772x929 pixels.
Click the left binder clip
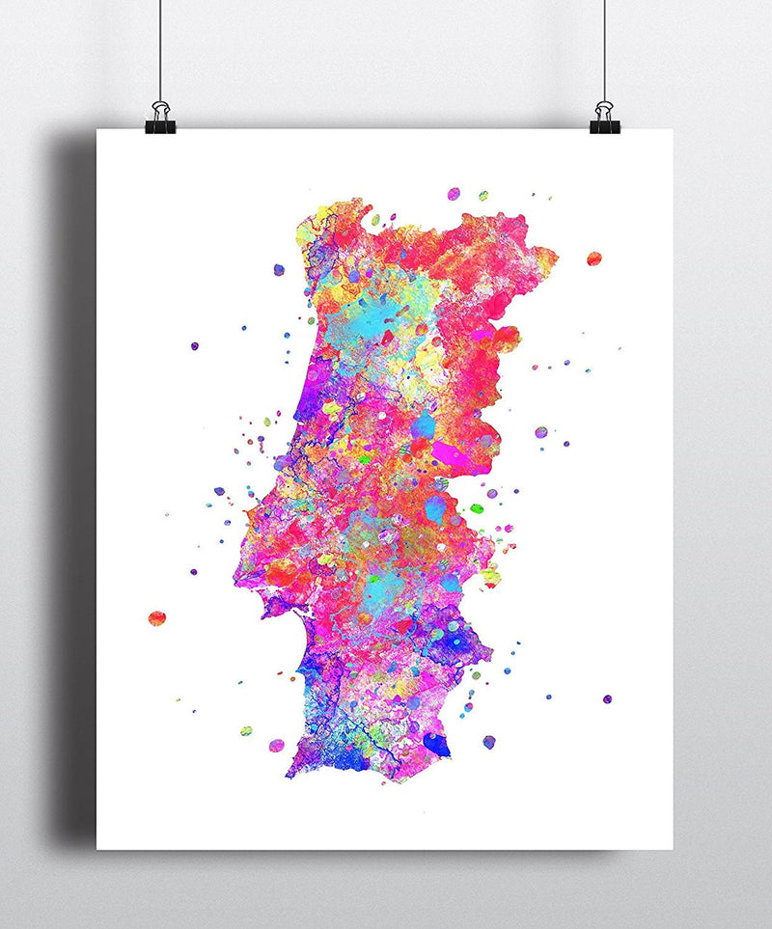click(159, 119)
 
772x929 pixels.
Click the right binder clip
click(603, 118)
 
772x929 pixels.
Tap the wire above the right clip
click(605, 48)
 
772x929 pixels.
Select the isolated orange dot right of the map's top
click(593, 259)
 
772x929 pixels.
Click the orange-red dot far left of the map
click(156, 617)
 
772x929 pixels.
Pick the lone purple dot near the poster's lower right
click(607, 698)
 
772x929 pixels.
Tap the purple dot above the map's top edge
click(454, 194)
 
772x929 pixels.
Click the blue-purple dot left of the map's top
click(279, 270)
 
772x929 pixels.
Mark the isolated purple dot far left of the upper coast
click(194, 344)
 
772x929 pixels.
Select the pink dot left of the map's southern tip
click(277, 745)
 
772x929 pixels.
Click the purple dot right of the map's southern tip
click(489, 741)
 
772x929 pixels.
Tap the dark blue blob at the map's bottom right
click(436, 744)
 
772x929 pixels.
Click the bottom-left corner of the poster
click(97, 848)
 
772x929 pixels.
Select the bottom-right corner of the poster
click(672, 848)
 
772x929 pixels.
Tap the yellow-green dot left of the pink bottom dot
click(246, 730)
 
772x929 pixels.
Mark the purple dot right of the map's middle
click(541, 432)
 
